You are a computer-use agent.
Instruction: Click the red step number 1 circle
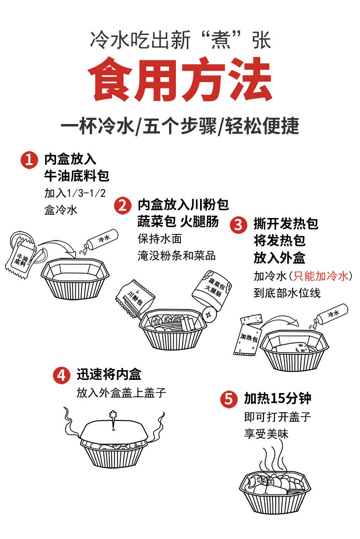pos(29,161)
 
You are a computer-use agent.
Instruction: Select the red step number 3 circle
pos(238,224)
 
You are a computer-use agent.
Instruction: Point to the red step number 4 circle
pos(61,375)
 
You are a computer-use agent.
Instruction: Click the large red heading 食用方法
pos(180,79)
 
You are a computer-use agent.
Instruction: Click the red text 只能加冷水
pos(321,276)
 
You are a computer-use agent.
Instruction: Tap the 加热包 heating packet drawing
pos(247,335)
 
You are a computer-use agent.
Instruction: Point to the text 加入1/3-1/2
pos(75,193)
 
